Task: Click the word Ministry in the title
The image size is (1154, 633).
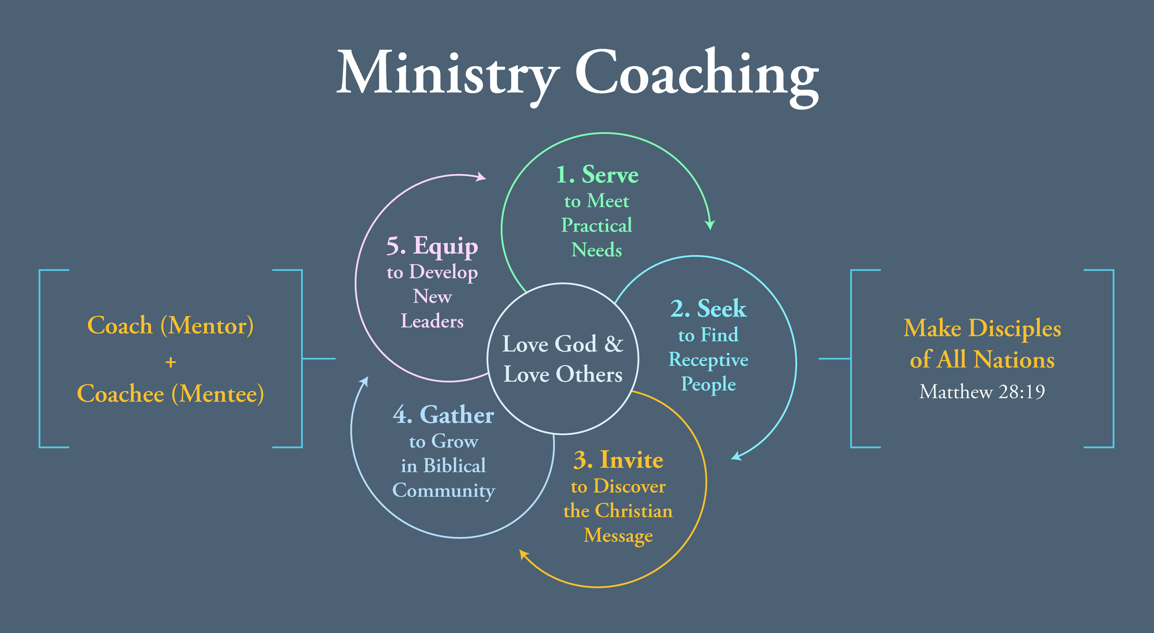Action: click(x=448, y=74)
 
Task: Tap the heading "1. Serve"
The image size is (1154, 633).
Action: click(x=597, y=175)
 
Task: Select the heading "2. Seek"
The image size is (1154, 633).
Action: click(x=708, y=309)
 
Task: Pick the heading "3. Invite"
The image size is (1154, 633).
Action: click(x=618, y=460)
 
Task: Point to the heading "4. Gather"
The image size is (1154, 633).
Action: click(x=443, y=415)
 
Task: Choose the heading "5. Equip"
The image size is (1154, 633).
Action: click(x=432, y=246)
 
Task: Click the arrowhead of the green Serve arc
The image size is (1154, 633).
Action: click(x=710, y=225)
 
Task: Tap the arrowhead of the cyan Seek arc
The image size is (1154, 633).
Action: click(x=737, y=456)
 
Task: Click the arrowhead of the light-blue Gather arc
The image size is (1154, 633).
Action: click(x=365, y=381)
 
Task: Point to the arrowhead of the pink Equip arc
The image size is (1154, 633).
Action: click(x=481, y=177)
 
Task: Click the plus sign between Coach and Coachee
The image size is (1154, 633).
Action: click(x=171, y=362)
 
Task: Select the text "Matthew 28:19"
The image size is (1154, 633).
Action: click(x=982, y=392)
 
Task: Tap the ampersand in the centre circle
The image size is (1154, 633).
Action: click(x=613, y=344)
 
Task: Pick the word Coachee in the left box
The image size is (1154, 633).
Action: click(x=120, y=394)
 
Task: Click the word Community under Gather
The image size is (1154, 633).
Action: click(x=443, y=490)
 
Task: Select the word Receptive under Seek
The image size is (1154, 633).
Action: click(x=708, y=360)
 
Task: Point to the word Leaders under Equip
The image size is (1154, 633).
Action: click(x=432, y=321)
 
